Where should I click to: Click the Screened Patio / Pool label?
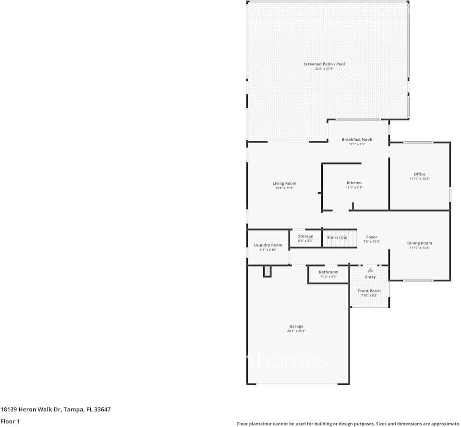point(324,64)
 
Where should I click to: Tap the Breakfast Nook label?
point(357,139)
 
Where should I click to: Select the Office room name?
point(419,174)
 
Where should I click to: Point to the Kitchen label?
point(354,183)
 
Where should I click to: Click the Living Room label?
point(284,183)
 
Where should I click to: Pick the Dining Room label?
point(420,243)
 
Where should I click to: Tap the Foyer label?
point(371,237)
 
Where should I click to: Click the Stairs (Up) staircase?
point(339,238)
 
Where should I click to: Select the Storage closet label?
point(305,236)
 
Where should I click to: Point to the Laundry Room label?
point(268,245)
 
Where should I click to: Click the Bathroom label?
point(328,272)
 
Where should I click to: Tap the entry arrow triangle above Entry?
point(370,270)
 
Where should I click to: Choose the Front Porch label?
point(369,291)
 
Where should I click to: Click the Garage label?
point(296,327)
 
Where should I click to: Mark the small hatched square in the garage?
point(267,272)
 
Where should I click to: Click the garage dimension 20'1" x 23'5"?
point(296,331)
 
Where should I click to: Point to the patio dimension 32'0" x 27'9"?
point(324,69)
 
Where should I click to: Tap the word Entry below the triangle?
point(370,277)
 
